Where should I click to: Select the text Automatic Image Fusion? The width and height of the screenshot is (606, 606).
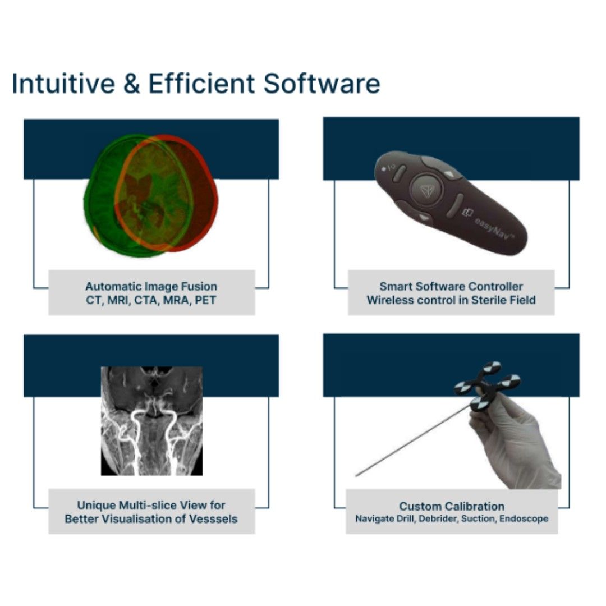point(151,287)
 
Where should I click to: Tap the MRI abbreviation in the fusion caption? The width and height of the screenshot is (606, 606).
point(117,300)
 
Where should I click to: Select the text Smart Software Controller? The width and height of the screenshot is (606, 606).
point(451,287)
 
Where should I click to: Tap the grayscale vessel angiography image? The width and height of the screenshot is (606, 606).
point(151,421)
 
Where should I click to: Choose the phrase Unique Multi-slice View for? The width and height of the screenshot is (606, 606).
point(151,505)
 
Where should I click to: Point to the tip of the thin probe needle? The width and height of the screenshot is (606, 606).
point(357,475)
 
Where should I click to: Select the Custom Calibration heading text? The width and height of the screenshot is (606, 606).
point(451,506)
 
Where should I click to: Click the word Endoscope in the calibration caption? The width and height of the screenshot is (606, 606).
point(524,519)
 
